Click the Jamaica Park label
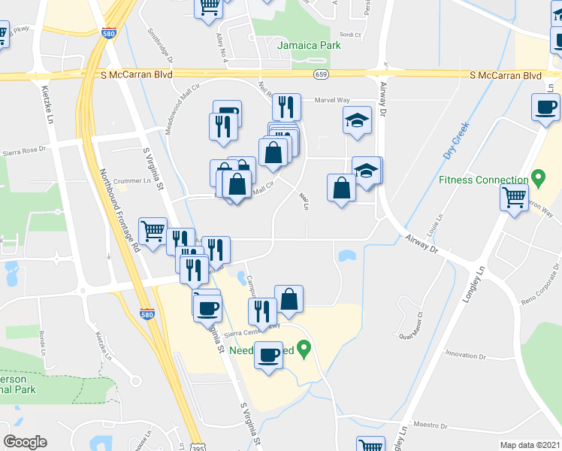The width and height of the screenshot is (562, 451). tap(309, 45)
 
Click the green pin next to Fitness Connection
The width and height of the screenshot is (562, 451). tap(538, 178)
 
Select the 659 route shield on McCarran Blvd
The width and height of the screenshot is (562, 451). tap(321, 74)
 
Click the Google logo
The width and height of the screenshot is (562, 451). tap(25, 442)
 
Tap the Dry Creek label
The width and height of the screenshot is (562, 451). tap(456, 140)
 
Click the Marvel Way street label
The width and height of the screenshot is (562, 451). tap(332, 99)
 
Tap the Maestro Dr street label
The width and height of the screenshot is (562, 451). tap(431, 425)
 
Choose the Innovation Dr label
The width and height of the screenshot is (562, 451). tap(466, 354)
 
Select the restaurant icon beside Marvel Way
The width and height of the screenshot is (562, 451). tap(286, 107)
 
